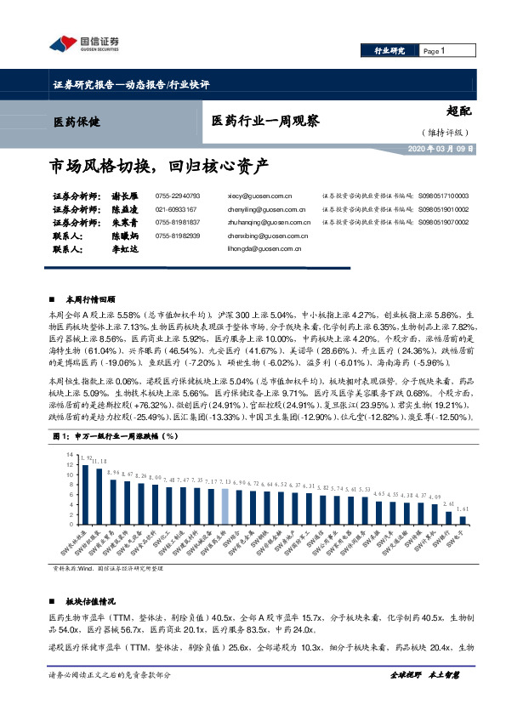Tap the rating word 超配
[x=458, y=111]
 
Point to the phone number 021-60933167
[x=176, y=208]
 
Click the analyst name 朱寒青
[x=128, y=223]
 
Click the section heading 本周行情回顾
[x=90, y=300]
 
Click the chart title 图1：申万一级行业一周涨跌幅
[x=113, y=436]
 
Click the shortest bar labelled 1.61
[x=463, y=519]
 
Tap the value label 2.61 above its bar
[x=449, y=503]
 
